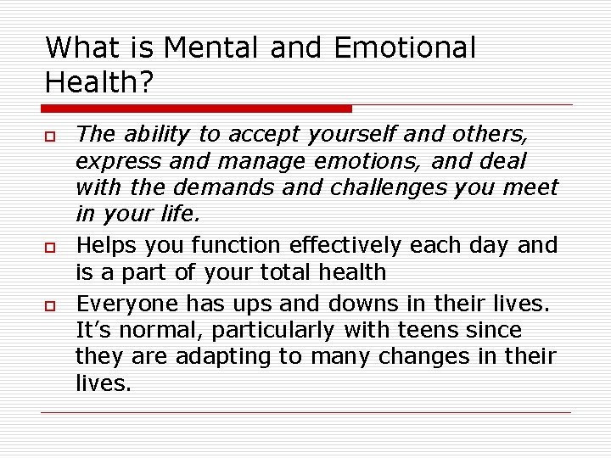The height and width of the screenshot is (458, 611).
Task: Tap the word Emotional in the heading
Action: (405, 47)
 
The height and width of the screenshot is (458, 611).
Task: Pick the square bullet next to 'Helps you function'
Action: (51, 248)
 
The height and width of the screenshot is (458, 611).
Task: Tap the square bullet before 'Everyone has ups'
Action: (51, 305)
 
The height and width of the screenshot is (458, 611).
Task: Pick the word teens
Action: (424, 330)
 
